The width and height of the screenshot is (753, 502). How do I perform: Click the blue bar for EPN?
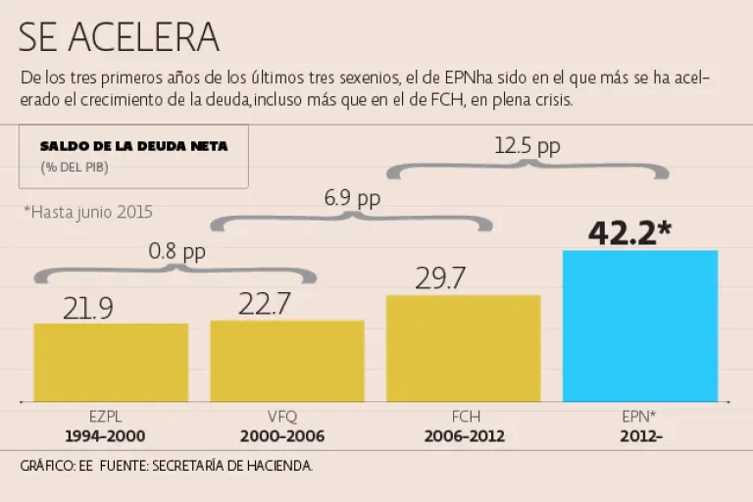(x=640, y=326)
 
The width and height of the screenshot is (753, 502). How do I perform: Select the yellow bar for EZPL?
(x=111, y=362)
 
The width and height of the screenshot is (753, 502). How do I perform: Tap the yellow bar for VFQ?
(x=287, y=360)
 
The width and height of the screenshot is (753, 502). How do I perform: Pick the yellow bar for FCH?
(x=464, y=348)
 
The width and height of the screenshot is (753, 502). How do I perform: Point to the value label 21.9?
(x=87, y=308)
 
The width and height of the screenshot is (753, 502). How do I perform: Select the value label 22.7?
(x=264, y=304)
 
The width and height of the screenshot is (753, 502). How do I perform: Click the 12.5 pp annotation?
(x=527, y=147)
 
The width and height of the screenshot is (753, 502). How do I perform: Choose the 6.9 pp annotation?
(x=352, y=199)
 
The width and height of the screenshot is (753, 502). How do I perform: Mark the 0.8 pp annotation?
(x=176, y=252)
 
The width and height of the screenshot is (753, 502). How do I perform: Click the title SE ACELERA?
(x=119, y=37)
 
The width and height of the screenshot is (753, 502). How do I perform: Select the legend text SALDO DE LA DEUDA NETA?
(x=134, y=146)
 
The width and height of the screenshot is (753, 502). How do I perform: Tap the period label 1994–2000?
(x=111, y=436)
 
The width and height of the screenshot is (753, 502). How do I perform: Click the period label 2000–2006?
(x=287, y=436)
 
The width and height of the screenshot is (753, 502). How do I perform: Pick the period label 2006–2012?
(x=464, y=436)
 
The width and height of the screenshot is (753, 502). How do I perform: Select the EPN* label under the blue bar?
(x=639, y=417)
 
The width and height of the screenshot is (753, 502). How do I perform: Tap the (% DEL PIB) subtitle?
(x=75, y=167)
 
